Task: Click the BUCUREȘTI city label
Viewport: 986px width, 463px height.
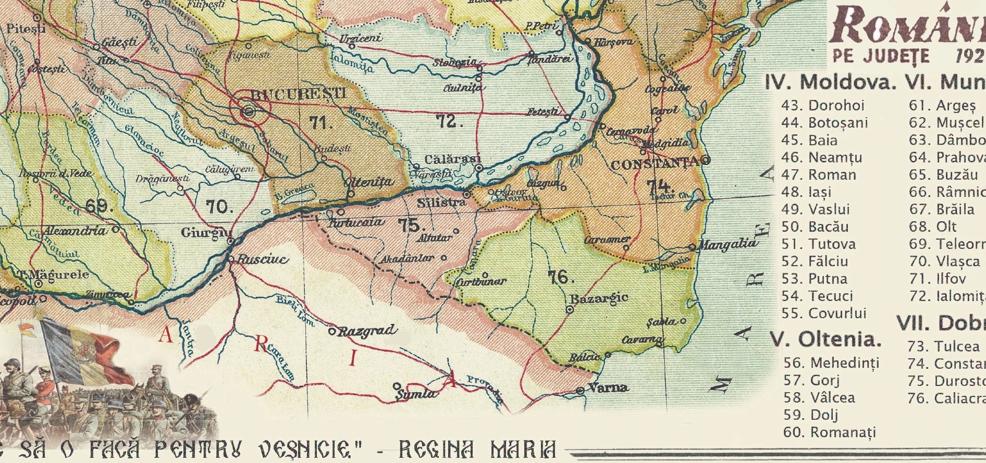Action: [298, 95]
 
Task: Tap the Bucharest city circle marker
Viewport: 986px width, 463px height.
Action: [249, 111]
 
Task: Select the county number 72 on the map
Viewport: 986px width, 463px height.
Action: [449, 121]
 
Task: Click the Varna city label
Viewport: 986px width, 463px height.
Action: [608, 387]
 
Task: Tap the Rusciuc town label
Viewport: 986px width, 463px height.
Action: [263, 259]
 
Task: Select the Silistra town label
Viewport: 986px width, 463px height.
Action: [441, 202]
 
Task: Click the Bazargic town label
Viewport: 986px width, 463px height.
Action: [598, 299]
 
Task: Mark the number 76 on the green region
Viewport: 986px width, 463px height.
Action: [560, 277]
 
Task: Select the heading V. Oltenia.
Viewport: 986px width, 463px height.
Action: [825, 340]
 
